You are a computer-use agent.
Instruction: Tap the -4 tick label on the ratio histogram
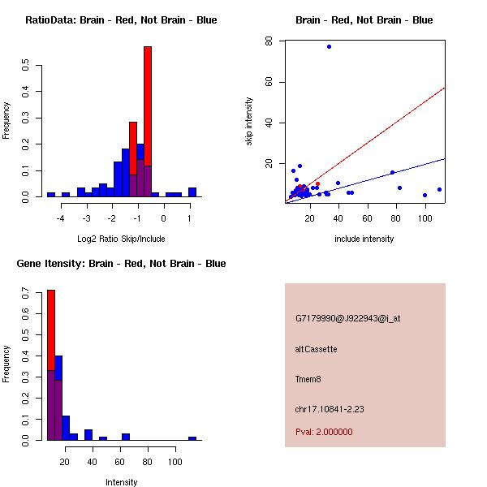click(61, 218)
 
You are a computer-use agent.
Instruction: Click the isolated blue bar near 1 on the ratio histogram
click(192, 192)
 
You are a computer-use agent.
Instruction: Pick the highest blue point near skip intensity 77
click(329, 46)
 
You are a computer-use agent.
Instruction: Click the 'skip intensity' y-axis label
click(249, 122)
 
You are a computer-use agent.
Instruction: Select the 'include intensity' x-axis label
click(364, 239)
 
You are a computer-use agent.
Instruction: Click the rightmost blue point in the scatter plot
click(439, 189)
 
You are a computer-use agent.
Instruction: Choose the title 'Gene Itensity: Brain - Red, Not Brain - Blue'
click(121, 263)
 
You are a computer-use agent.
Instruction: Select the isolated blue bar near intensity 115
click(192, 438)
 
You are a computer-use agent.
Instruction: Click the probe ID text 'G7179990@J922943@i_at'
click(347, 318)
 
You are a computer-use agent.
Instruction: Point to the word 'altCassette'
click(316, 349)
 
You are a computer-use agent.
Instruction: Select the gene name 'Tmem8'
click(309, 379)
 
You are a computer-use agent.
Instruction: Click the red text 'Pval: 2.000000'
click(324, 432)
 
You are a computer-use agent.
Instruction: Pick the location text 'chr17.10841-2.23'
click(330, 409)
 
